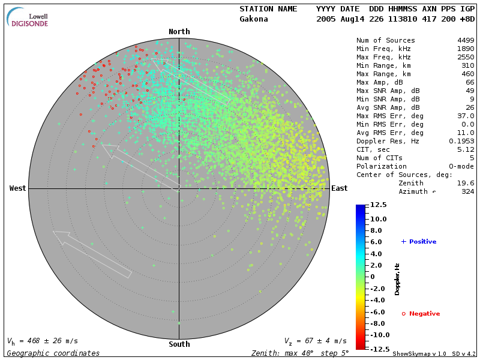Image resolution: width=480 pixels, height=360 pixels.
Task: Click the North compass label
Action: pyautogui.click(x=179, y=32)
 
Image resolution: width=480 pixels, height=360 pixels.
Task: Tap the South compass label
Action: pyautogui.click(x=179, y=344)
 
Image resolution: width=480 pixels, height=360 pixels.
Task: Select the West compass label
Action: pyautogui.click(x=18, y=188)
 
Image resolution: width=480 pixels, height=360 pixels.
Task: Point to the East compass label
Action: pyautogui.click(x=340, y=188)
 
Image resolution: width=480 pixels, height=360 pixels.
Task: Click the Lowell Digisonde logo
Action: pyautogui.click(x=28, y=18)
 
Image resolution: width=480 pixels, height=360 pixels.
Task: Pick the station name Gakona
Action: pyautogui.click(x=254, y=19)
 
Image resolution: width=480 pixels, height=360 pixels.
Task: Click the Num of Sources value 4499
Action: pyautogui.click(x=466, y=41)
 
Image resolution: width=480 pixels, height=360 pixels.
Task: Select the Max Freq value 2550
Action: pyautogui.click(x=466, y=58)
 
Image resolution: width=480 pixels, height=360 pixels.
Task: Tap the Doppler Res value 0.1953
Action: pyautogui.click(x=461, y=141)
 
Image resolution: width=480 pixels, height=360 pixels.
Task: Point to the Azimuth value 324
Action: pyautogui.click(x=468, y=191)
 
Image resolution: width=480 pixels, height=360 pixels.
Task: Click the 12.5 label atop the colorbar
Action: pyautogui.click(x=378, y=205)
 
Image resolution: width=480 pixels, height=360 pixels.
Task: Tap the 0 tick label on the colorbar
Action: pyautogui.click(x=372, y=277)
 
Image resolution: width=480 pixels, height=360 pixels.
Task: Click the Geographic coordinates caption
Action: pyautogui.click(x=53, y=353)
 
